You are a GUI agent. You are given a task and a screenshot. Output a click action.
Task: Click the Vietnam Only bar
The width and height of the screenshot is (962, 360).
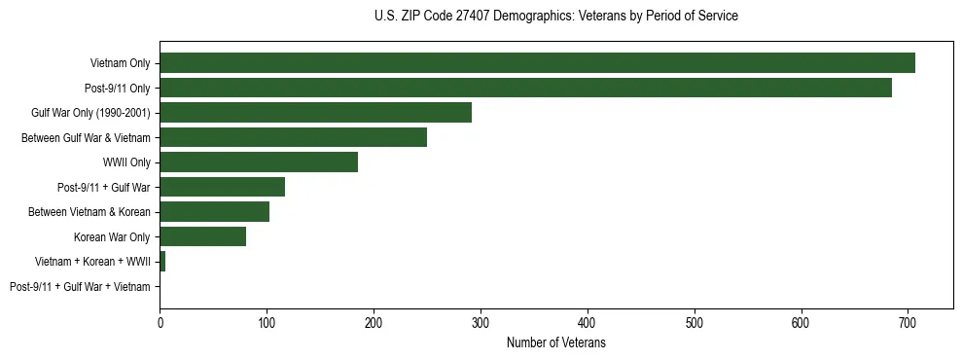(537, 63)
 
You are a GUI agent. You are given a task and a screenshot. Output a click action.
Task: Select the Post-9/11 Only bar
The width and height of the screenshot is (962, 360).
(525, 89)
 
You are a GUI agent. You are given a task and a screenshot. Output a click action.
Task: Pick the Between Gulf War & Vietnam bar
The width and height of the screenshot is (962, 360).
(293, 138)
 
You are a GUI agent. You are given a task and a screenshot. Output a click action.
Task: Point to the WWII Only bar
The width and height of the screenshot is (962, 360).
(259, 162)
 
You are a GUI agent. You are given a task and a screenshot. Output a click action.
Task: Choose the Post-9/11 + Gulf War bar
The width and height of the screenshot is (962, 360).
(222, 187)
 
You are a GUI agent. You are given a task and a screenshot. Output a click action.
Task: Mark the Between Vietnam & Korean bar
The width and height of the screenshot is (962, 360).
(214, 212)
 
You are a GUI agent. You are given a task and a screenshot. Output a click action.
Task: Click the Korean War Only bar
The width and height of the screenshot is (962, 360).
(202, 236)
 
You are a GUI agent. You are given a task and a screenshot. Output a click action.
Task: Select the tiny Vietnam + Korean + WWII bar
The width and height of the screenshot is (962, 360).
(162, 262)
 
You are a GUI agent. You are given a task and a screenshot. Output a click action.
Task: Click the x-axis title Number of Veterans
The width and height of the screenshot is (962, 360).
(555, 342)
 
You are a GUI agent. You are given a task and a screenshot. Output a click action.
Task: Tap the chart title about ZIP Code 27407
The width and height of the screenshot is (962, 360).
(555, 17)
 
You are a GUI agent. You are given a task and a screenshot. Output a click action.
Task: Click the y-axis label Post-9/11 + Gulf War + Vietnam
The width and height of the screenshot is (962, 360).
(80, 287)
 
